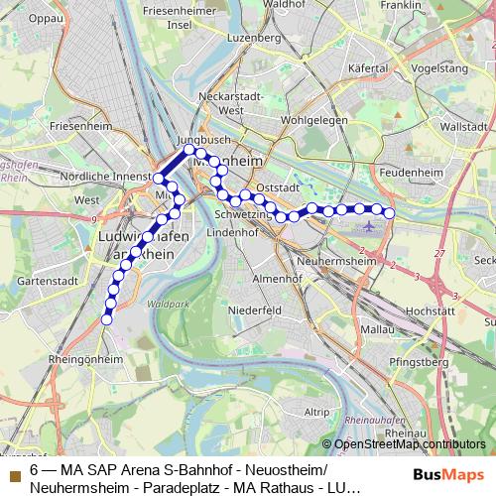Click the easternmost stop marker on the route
(389, 213)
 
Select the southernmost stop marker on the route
(107, 318)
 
